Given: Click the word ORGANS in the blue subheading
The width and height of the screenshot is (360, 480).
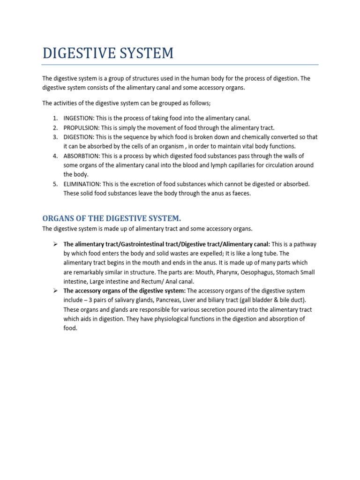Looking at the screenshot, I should point(58,219).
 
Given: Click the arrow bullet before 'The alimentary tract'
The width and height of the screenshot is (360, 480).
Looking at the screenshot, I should point(55,244).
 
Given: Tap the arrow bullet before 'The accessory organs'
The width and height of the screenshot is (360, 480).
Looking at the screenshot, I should point(55,291).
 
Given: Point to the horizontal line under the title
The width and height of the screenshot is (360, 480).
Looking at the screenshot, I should point(180,64).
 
